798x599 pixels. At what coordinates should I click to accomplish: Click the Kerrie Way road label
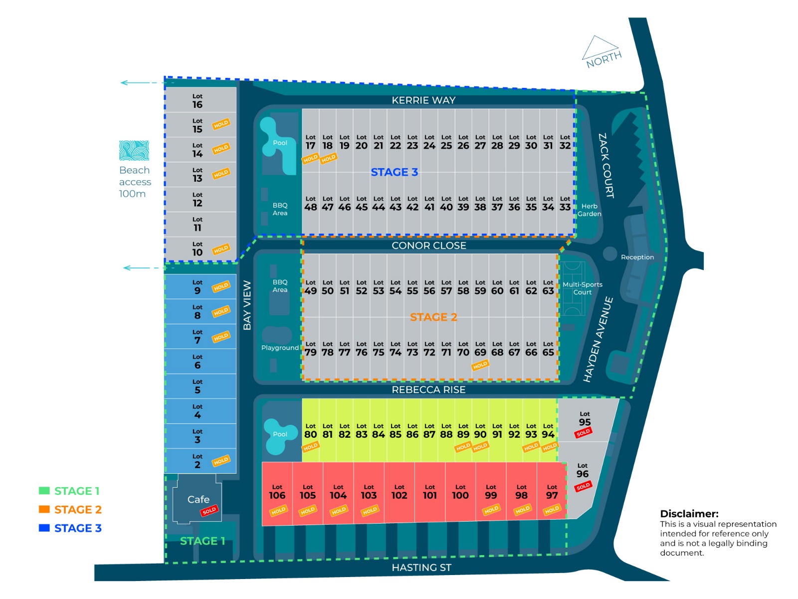423,100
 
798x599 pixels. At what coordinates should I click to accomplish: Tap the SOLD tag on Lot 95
583,433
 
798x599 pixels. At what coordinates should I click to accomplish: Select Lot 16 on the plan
198,101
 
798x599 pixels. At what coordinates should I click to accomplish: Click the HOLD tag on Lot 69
480,365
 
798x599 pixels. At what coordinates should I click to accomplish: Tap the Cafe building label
198,499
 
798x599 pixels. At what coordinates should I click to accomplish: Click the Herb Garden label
589,210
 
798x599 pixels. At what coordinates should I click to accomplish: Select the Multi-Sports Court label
582,289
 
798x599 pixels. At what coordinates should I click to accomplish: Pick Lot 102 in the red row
399,492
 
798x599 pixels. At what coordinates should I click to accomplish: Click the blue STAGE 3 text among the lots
394,172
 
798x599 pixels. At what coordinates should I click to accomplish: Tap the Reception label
637,257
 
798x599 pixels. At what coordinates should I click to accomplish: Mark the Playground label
280,348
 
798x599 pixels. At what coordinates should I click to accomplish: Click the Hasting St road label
421,568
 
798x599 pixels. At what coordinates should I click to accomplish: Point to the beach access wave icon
134,151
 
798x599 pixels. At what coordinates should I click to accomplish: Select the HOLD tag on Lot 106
278,510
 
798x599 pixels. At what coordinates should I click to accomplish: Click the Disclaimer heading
689,514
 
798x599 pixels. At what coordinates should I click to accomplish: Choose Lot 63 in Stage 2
548,287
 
